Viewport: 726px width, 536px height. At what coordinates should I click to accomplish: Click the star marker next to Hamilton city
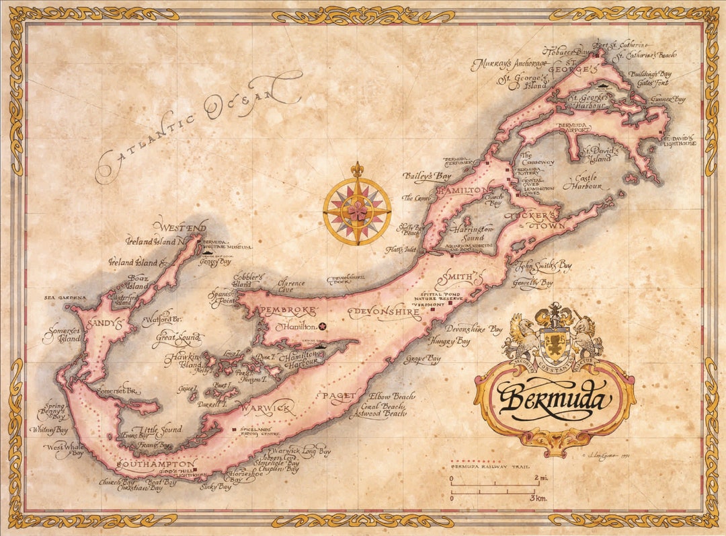[323, 327]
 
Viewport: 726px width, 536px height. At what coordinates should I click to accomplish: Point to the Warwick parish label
[264, 408]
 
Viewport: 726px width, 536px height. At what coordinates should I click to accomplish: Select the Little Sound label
[156, 430]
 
